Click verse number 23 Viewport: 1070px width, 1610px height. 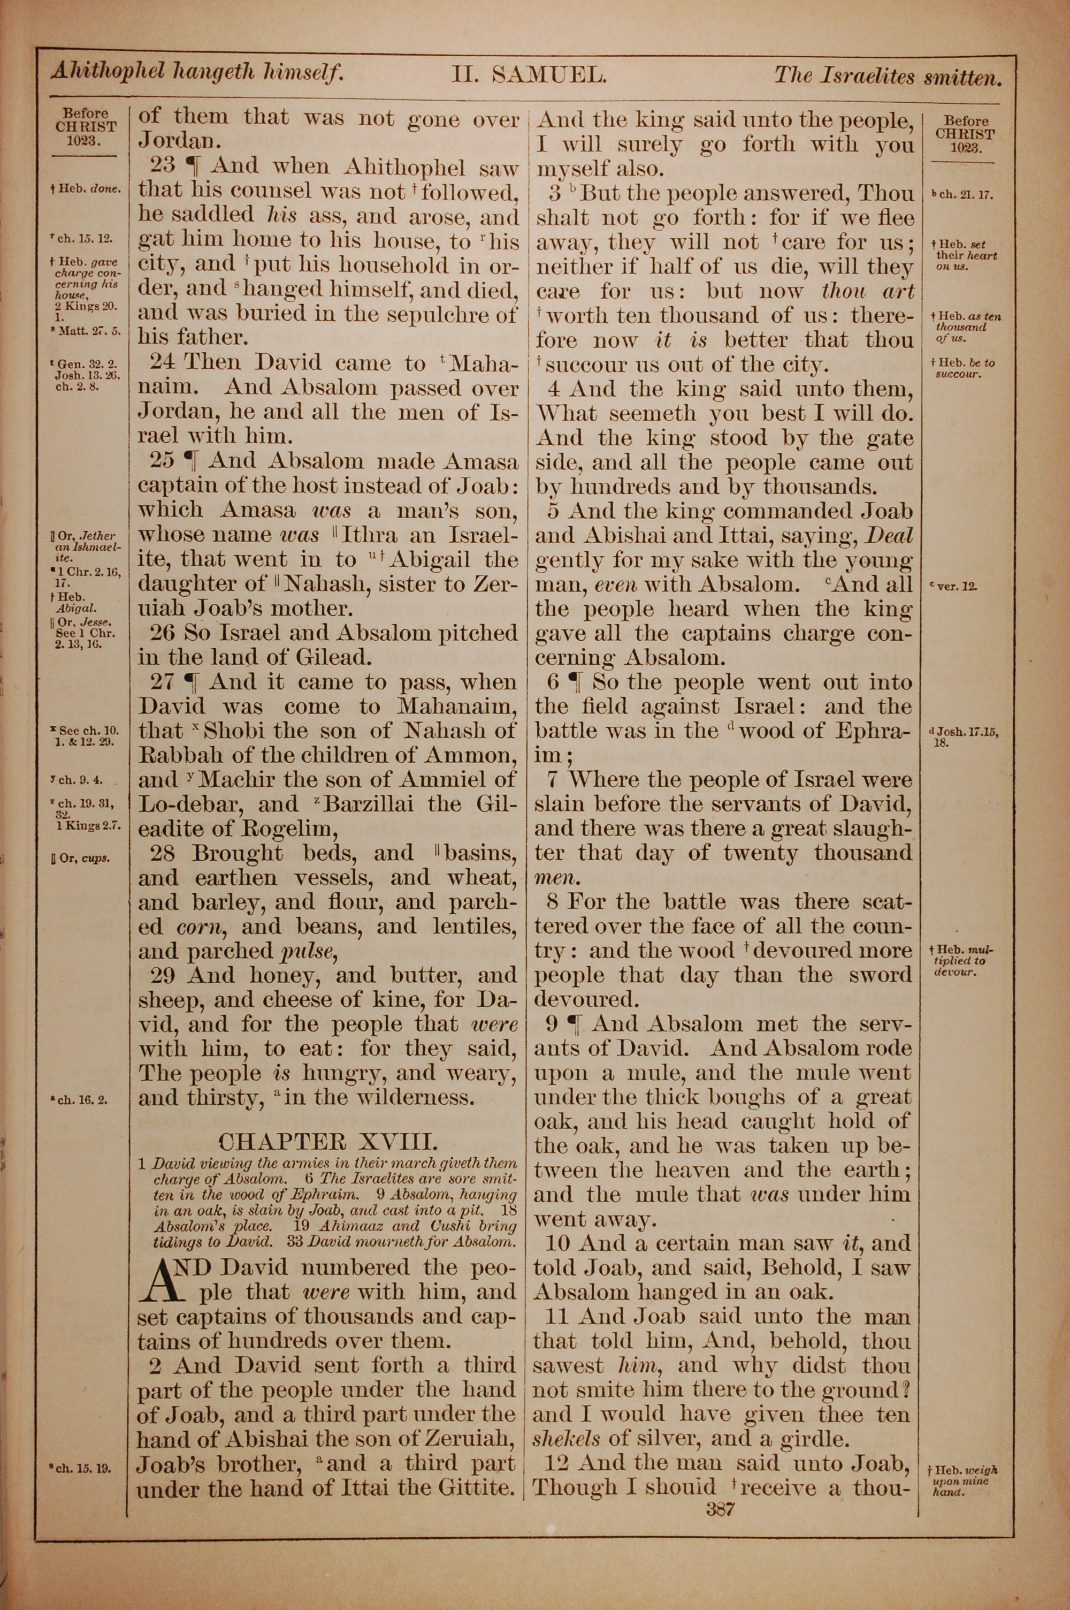(x=163, y=168)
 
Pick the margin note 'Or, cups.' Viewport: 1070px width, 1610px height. (x=85, y=859)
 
